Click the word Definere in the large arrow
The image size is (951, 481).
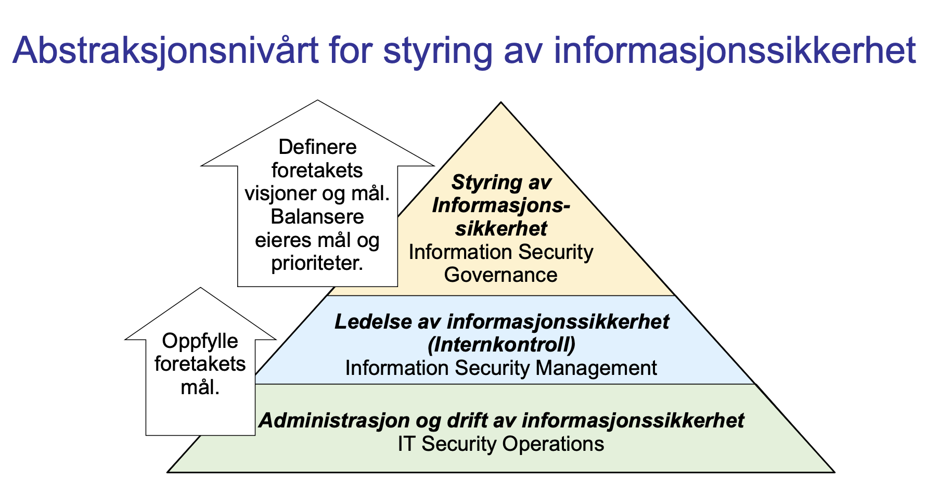[x=317, y=147]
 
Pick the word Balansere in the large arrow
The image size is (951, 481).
[x=317, y=216]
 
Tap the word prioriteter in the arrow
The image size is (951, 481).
[x=317, y=263]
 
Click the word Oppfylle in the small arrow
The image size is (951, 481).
[x=200, y=341]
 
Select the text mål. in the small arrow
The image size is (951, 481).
[x=200, y=387]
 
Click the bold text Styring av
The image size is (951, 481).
[x=501, y=183]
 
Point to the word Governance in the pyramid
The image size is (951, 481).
[x=500, y=275]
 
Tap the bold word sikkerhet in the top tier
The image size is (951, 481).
[x=501, y=229]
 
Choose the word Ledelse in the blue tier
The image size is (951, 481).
[x=372, y=321]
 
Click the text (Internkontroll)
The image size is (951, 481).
[x=501, y=344]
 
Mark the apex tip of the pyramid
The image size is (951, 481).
[x=501, y=102]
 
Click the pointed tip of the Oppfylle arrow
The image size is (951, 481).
[x=200, y=288]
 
